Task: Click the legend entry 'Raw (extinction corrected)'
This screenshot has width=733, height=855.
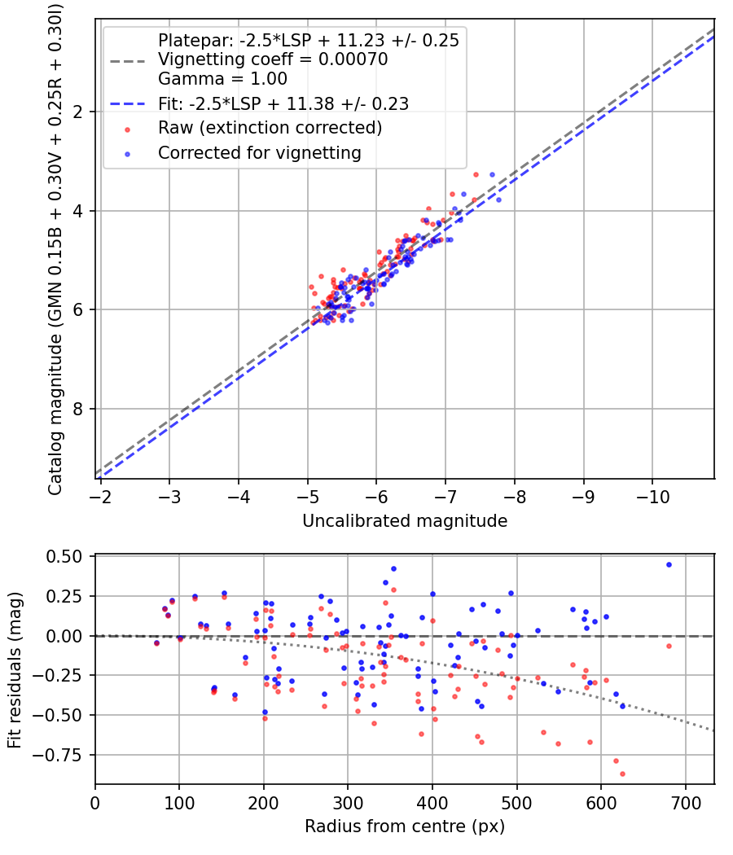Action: pos(270,128)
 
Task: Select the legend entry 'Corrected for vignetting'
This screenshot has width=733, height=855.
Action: pos(259,152)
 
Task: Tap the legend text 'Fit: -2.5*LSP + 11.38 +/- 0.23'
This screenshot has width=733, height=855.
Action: pos(283,103)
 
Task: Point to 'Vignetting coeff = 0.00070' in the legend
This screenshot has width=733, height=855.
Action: pos(273,59)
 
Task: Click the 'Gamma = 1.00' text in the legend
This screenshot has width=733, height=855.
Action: pos(222,80)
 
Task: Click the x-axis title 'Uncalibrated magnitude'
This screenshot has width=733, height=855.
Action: pos(405,521)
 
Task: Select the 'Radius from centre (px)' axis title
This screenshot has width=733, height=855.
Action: pos(405,826)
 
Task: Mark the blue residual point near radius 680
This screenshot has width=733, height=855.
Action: pos(669,564)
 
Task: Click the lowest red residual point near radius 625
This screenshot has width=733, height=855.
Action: pos(622,774)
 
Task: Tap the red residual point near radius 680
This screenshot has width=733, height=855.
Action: pos(669,646)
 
